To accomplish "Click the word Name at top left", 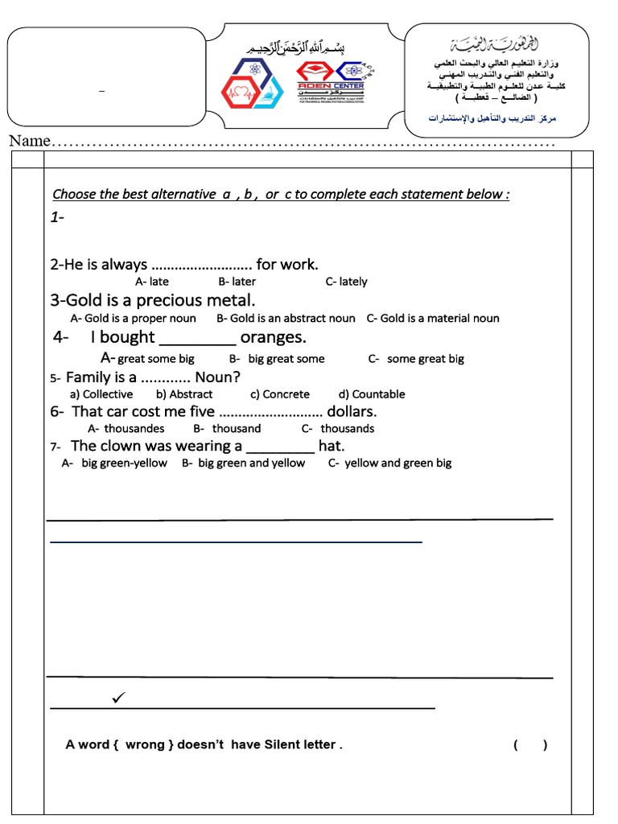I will (x=30, y=142).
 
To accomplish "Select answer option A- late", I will (x=152, y=282).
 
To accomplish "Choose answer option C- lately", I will (x=346, y=282).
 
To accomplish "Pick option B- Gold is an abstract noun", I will (x=286, y=318).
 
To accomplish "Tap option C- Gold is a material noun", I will (x=433, y=318).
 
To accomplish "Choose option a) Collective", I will (x=101, y=394).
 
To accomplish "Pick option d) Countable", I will (x=372, y=394).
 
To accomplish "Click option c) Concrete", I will (x=280, y=394).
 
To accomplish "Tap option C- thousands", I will (x=338, y=429).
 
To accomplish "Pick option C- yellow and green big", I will (x=389, y=463).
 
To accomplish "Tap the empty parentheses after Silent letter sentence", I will (x=530, y=744).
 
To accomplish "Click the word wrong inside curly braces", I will (x=145, y=744).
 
